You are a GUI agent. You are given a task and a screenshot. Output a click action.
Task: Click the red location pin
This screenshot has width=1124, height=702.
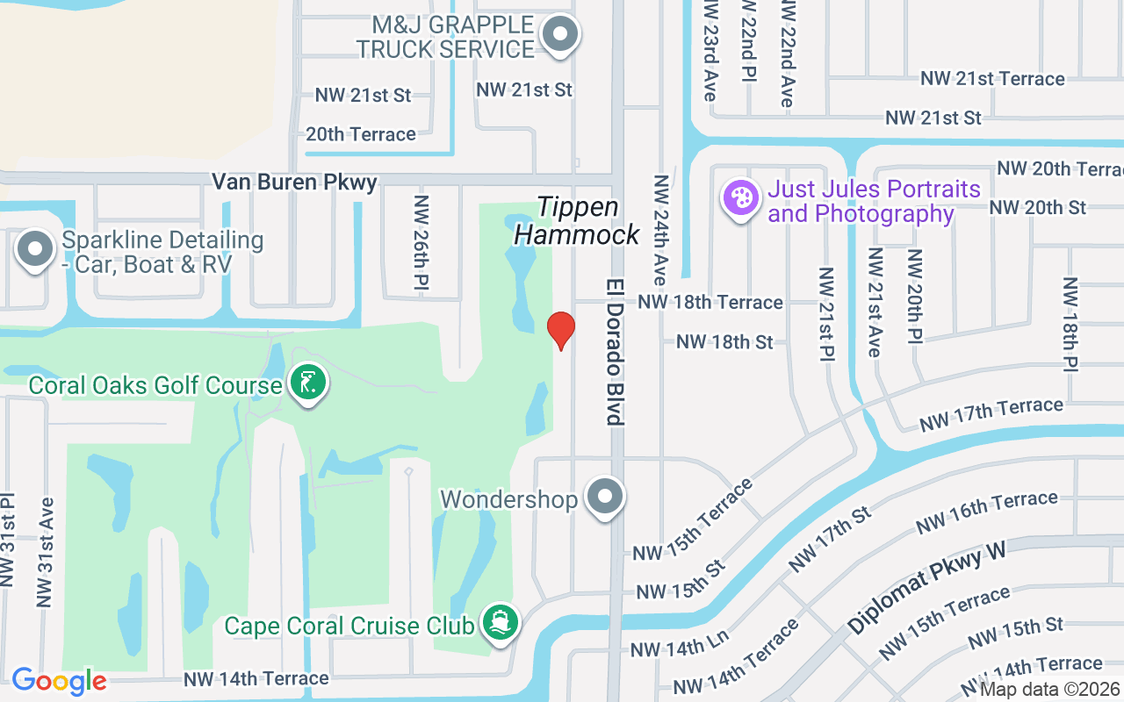click(561, 330)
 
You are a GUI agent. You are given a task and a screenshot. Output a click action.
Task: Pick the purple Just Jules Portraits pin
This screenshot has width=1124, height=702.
click(740, 197)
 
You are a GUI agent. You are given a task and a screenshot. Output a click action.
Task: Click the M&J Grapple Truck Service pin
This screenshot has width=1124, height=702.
click(559, 35)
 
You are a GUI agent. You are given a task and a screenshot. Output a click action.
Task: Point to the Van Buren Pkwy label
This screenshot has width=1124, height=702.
click(294, 183)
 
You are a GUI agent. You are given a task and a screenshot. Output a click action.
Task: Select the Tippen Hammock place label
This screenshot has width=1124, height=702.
click(578, 221)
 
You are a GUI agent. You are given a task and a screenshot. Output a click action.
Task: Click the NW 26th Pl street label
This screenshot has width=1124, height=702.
click(422, 242)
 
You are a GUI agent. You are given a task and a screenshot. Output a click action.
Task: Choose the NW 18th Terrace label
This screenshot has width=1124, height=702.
click(710, 302)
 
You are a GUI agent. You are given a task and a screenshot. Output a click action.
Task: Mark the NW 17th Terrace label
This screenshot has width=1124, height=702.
click(991, 415)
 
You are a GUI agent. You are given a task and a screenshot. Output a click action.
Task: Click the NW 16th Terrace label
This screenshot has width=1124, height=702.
click(986, 512)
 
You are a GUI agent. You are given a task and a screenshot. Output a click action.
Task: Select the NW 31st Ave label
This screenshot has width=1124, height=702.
click(46, 553)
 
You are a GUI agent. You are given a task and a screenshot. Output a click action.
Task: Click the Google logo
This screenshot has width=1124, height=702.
click(59, 681)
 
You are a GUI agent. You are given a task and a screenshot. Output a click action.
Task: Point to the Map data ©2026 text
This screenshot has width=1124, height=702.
click(1050, 690)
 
